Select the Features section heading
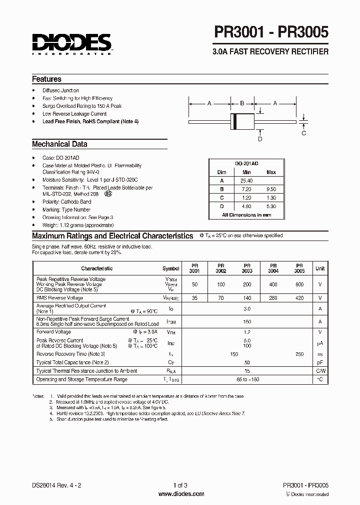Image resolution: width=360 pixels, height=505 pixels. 46,79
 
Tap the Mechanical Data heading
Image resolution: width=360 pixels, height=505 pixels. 59,144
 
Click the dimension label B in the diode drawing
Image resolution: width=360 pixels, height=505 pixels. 242,103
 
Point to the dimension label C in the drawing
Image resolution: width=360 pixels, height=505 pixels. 303,133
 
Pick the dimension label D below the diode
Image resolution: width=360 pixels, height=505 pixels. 259,139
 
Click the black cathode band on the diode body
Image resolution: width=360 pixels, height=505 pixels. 234,121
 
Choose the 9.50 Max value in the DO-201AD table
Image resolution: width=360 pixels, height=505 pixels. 271,189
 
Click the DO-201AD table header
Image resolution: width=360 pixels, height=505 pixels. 247,163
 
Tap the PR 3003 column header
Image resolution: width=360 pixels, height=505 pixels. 247,268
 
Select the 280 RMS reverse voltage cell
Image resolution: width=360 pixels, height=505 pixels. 273,298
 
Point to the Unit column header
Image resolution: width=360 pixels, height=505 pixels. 319,268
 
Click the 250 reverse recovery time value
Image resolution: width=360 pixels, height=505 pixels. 299,354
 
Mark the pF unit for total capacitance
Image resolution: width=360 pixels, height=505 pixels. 319,362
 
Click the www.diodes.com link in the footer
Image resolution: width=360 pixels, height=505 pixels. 181,494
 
